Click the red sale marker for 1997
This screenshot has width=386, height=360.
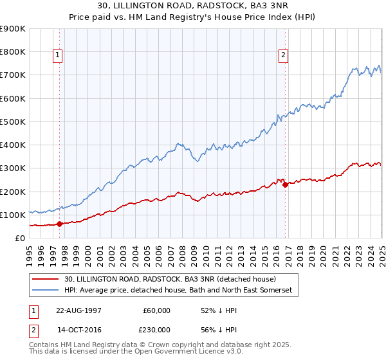click(x=60, y=224)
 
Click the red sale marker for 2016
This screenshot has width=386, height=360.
click(x=285, y=184)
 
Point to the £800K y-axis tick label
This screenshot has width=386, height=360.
click(x=12, y=51)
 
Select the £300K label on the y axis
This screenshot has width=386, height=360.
click(x=12, y=168)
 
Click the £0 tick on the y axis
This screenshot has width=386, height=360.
click(x=19, y=238)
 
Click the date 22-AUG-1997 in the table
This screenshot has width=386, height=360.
click(x=78, y=310)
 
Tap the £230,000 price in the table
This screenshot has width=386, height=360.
click(x=156, y=330)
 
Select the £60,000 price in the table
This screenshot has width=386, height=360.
click(x=156, y=310)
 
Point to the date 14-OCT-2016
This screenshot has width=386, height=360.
click(x=78, y=330)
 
